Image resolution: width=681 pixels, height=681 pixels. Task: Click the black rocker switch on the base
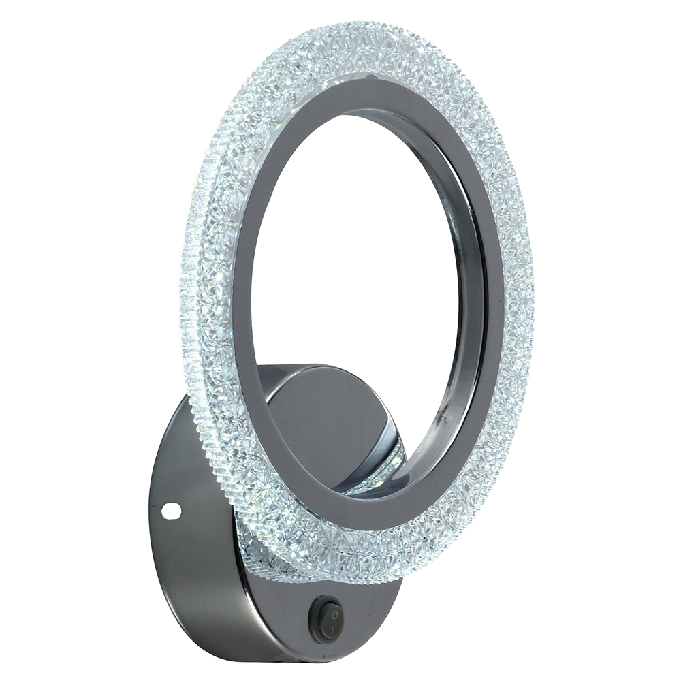(326, 619)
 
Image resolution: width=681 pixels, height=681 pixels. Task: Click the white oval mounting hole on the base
(173, 508)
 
